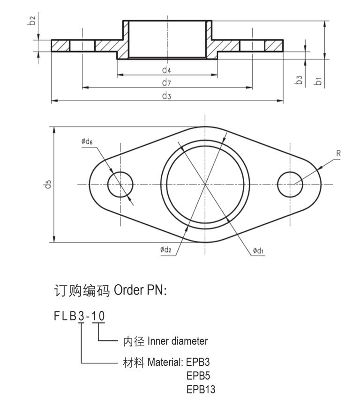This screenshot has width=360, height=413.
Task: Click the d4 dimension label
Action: coord(166,70)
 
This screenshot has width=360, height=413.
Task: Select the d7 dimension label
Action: coord(166,83)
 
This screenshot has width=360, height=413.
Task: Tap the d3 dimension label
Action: coord(166,96)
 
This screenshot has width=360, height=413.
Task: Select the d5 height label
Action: coord(47,184)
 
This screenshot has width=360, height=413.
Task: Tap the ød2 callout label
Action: coord(166,250)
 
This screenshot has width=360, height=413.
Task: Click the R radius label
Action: coord(338,153)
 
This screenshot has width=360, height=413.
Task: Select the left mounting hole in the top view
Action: coord(120,184)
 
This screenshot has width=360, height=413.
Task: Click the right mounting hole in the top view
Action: coord(290,184)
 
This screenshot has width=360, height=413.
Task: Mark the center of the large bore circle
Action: coord(205,184)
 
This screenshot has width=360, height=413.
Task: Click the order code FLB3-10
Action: coord(79,316)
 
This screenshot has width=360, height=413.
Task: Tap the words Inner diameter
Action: coord(178,341)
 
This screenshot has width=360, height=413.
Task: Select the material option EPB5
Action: coord(198,376)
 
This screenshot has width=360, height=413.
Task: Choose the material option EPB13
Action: coord(201,389)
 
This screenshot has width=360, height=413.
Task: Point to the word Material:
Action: coord(165,362)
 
